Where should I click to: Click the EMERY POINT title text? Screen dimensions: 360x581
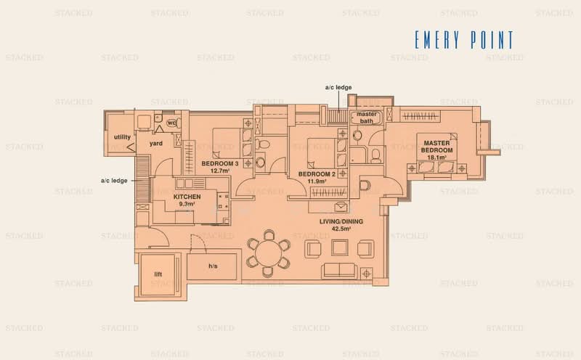463,40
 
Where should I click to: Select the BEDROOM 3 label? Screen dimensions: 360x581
219,163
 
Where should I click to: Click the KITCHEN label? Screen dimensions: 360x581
187,197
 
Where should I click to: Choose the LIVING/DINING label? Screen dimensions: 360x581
340,221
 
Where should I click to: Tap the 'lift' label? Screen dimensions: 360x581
158,274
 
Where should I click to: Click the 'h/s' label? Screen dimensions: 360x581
213,266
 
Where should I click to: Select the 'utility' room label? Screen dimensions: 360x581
121,137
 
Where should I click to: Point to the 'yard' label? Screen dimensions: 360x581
155,143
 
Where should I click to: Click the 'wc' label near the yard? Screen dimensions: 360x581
172,123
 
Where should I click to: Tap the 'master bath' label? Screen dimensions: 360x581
365,118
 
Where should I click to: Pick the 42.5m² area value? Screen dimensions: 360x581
340,229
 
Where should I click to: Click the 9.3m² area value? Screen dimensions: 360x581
187,205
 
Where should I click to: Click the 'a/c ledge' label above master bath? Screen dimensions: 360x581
338,88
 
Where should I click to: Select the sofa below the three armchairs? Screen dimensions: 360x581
340,271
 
